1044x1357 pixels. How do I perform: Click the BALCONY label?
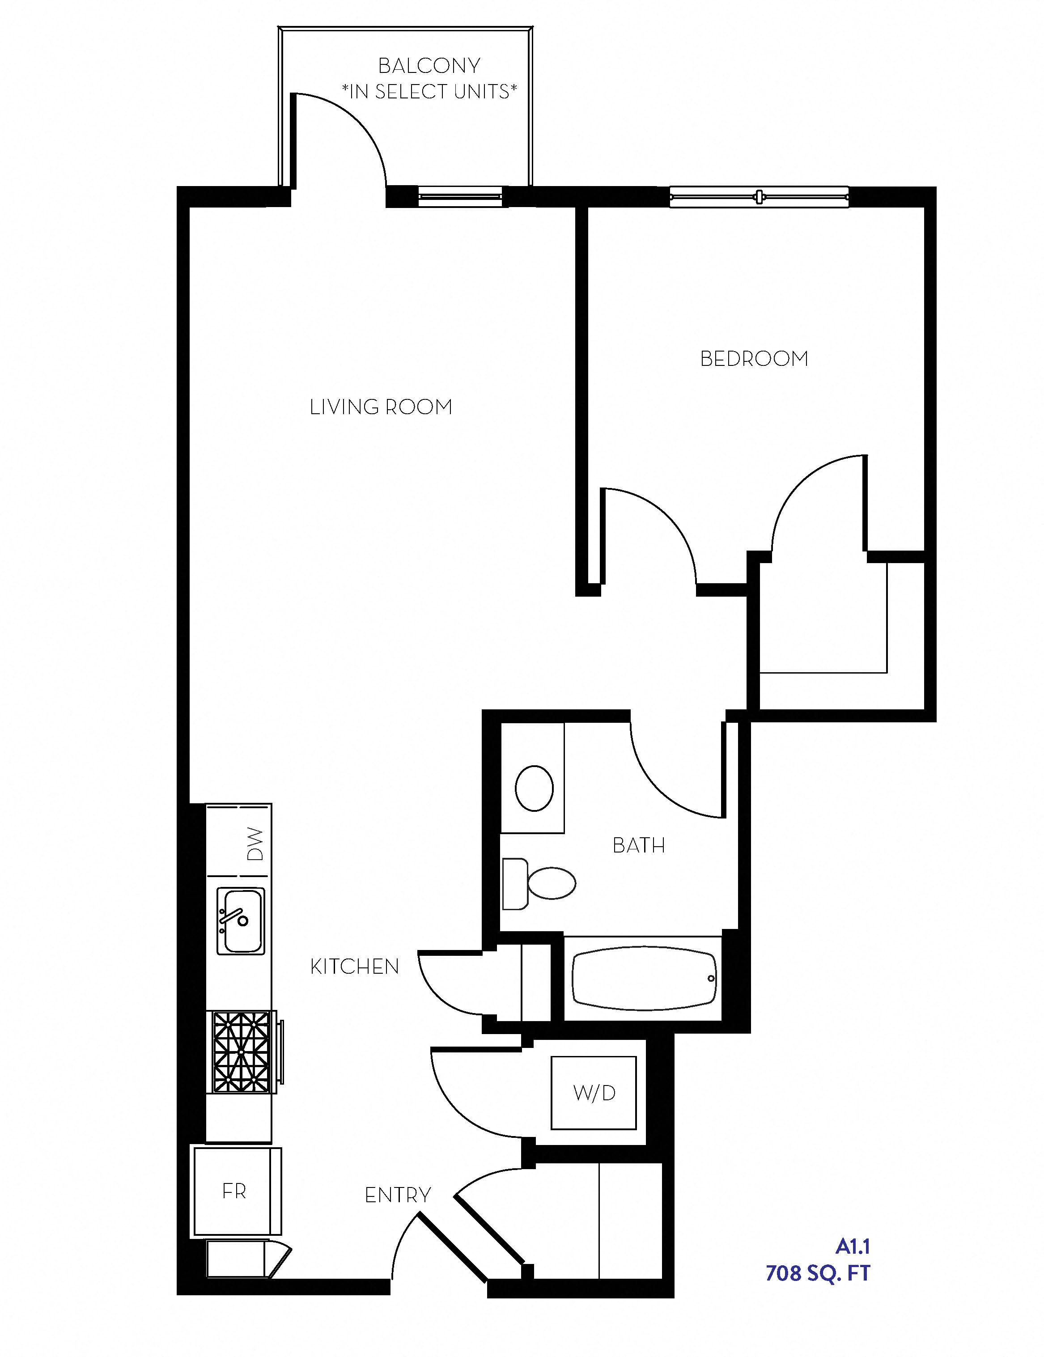pos(429,65)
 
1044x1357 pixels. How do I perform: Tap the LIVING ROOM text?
pos(381,407)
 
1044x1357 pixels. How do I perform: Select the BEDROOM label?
pos(754,359)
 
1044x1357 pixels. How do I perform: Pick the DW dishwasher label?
pos(255,844)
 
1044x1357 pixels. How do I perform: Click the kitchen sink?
pos(241,921)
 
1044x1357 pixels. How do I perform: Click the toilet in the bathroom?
pos(541,883)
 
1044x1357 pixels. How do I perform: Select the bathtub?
pos(644,979)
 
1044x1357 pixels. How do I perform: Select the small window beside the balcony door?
pos(460,197)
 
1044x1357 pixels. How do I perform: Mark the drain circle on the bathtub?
pos(711,979)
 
